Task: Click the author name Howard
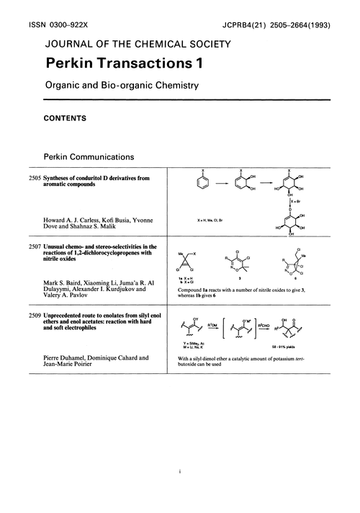pyautogui.click(x=58, y=218)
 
